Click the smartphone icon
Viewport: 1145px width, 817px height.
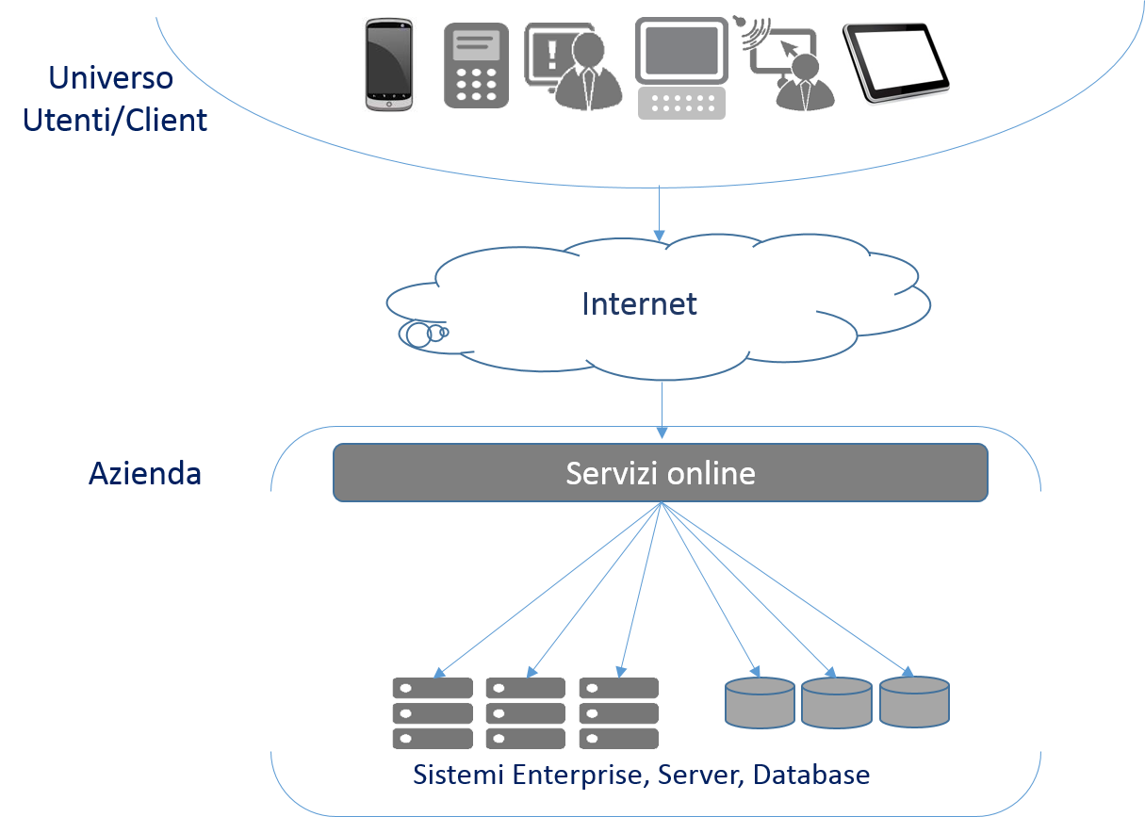click(388, 65)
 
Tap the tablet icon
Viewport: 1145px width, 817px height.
click(895, 64)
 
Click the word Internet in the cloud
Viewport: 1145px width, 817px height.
click(639, 304)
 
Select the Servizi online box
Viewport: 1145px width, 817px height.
click(660, 472)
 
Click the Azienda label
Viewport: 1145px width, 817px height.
click(145, 473)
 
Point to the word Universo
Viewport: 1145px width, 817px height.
click(110, 77)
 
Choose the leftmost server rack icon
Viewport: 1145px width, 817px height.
click(432, 713)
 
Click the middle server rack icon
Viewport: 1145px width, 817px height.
click(525, 713)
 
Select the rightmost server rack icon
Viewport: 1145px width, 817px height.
click(618, 713)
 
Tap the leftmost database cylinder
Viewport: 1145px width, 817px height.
click(760, 702)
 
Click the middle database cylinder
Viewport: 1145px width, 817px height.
click(836, 702)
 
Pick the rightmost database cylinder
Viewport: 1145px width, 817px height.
click(914, 702)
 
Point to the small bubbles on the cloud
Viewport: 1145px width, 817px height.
click(423, 333)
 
